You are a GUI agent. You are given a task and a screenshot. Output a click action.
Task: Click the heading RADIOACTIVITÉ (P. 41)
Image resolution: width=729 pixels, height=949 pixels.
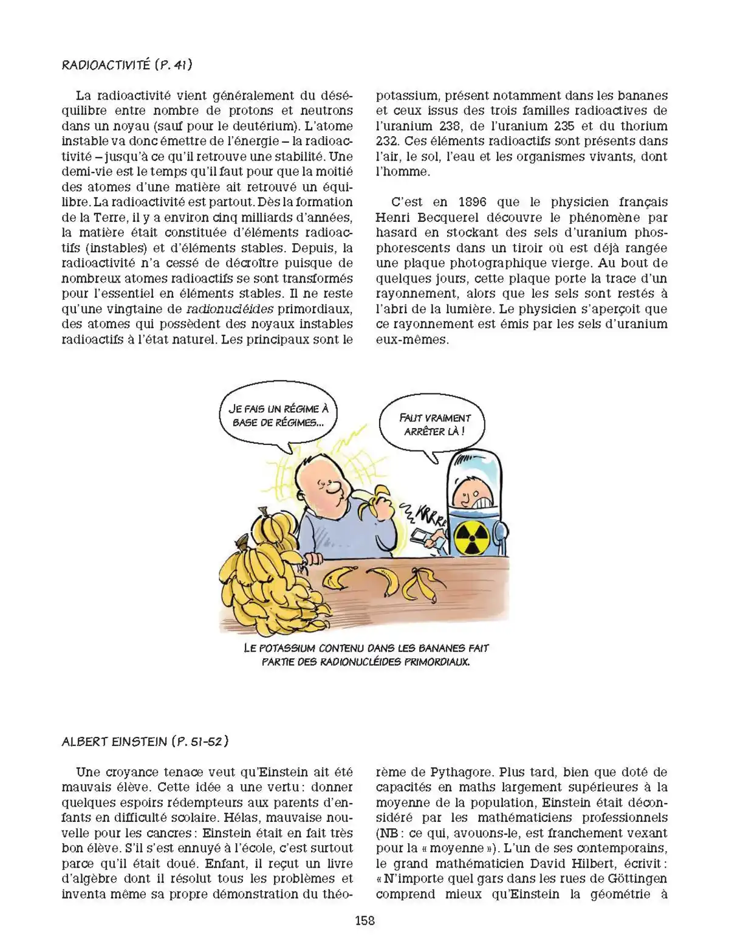pos(127,64)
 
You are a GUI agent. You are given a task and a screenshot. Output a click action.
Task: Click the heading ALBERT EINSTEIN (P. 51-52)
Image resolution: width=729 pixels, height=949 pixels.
pos(145,741)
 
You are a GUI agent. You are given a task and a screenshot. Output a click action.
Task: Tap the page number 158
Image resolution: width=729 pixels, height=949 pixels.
pos(364,921)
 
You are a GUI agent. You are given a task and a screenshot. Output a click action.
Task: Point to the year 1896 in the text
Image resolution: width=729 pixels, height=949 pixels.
pos(473,202)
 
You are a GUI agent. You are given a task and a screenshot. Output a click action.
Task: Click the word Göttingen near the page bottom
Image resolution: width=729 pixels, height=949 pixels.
pos(635,879)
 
